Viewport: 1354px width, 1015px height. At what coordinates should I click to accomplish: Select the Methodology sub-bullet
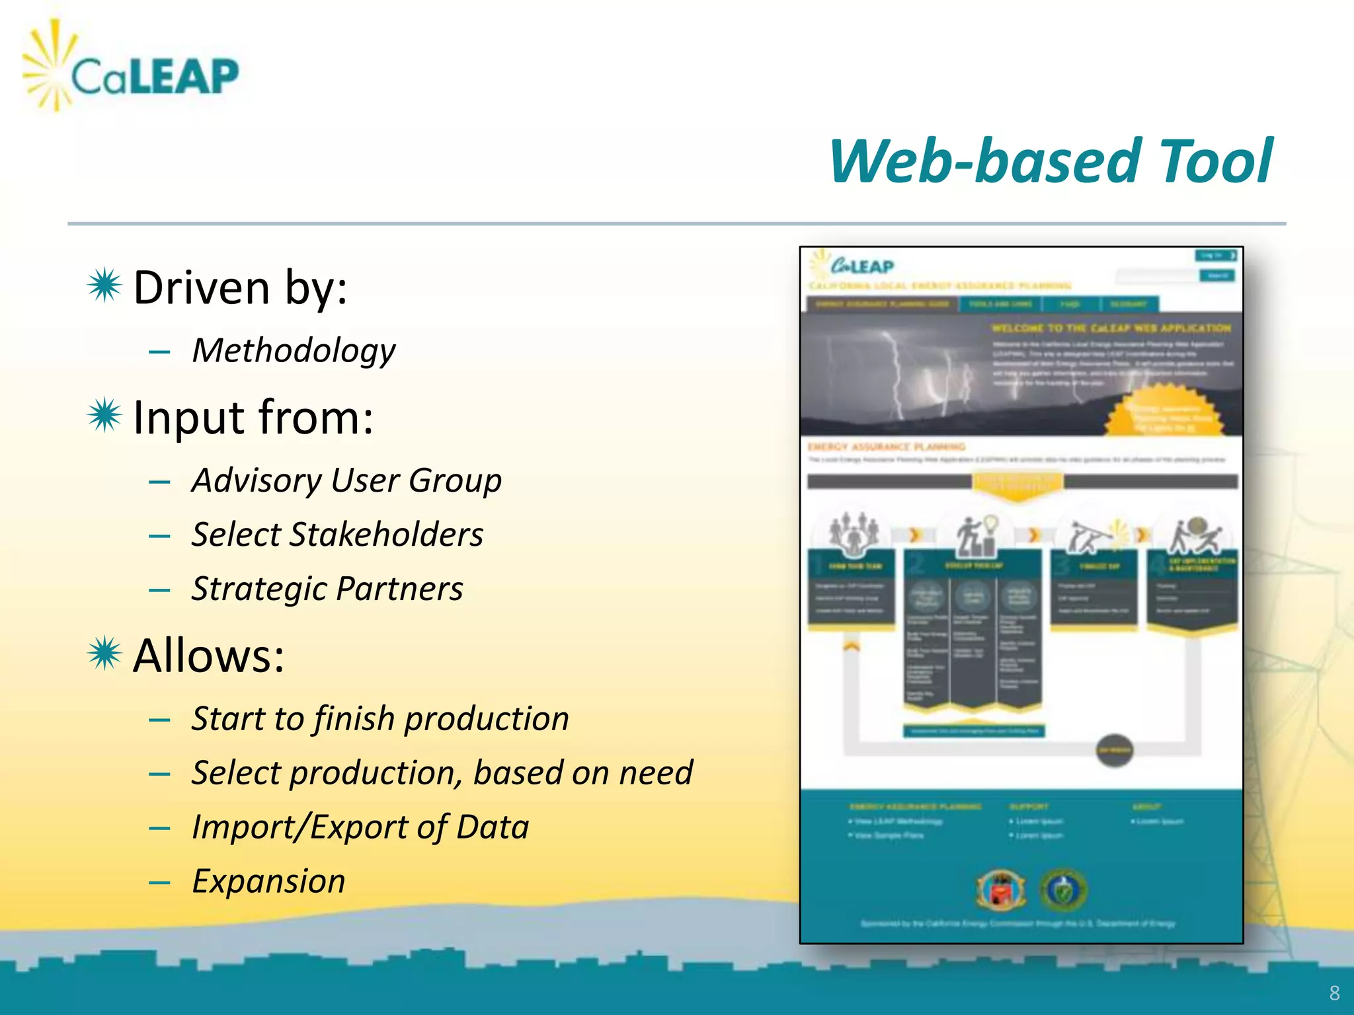pos(294,350)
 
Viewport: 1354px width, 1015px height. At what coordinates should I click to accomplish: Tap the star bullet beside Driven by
pos(104,286)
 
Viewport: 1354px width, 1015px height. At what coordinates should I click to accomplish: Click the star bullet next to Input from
pos(104,416)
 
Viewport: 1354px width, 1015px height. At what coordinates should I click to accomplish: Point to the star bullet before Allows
pos(104,654)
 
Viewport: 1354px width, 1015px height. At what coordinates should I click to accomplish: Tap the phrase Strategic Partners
pos(327,589)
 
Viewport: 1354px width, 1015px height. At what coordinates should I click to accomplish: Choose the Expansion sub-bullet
pos(268,882)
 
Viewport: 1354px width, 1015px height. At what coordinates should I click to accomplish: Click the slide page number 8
pos(1334,993)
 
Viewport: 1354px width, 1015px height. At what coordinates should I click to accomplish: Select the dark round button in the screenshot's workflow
pos(1115,750)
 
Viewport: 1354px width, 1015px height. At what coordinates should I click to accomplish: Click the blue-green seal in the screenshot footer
pos(1063,889)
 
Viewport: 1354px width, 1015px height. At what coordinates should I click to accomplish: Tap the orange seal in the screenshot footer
pos(1001,889)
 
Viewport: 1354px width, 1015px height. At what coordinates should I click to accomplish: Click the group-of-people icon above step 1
pos(854,533)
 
